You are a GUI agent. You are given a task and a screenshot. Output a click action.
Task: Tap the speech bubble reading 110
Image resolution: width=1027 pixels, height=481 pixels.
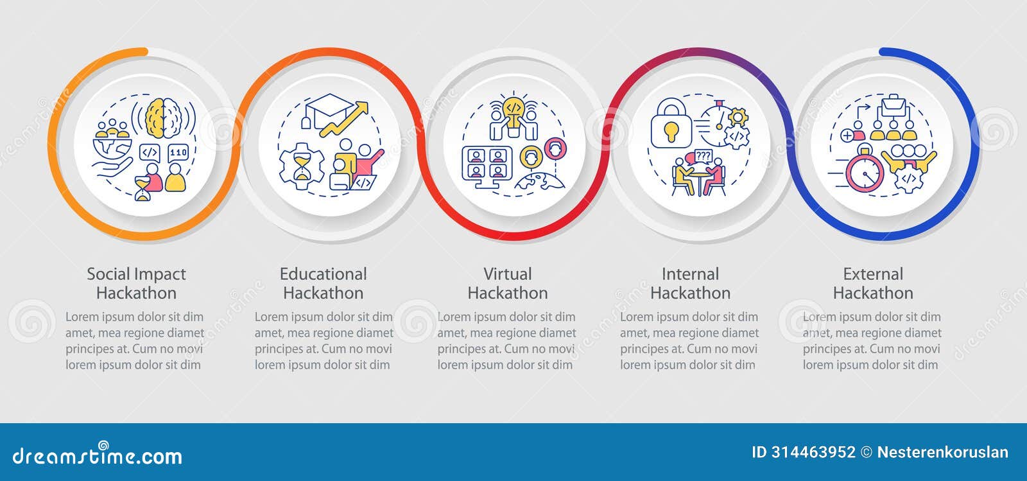click(x=178, y=153)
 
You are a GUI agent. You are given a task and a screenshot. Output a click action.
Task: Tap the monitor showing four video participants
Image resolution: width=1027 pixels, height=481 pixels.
click(x=487, y=163)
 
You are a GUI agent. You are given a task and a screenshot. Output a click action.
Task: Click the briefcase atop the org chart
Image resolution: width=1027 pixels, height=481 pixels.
click(x=892, y=105)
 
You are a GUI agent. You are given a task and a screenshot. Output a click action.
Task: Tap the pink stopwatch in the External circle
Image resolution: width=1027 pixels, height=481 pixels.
click(x=864, y=171)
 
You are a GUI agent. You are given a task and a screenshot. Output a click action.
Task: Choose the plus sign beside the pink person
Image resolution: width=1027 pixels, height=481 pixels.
click(x=847, y=136)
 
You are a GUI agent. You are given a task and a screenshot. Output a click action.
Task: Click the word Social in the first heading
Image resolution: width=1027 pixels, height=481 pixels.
click(x=108, y=274)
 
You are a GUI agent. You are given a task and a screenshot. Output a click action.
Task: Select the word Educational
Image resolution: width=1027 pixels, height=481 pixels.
click(x=323, y=274)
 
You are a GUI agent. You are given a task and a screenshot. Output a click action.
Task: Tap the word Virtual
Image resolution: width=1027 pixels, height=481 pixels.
click(x=507, y=274)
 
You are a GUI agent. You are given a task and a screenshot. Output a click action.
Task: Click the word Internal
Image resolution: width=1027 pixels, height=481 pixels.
click(x=690, y=274)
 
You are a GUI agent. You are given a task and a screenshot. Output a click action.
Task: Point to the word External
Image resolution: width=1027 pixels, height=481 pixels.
click(x=873, y=274)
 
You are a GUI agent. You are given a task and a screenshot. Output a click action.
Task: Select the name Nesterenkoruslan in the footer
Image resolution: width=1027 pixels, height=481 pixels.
click(x=942, y=452)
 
